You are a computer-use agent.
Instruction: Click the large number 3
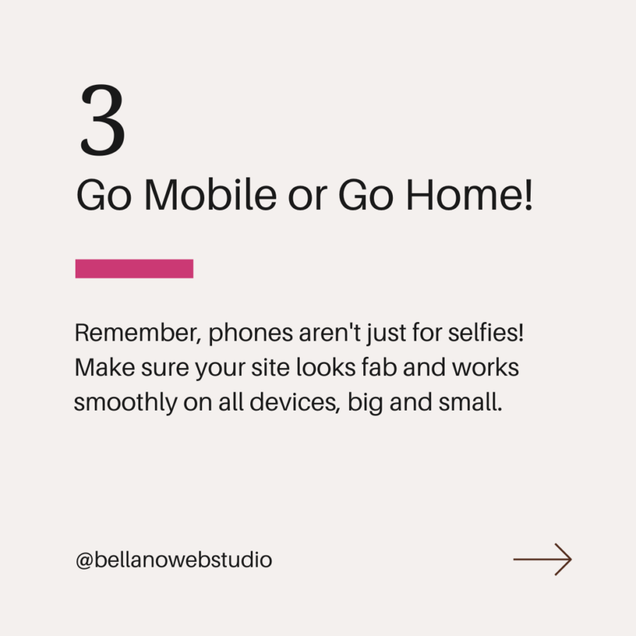click(x=103, y=119)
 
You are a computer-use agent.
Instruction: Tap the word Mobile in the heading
click(x=211, y=195)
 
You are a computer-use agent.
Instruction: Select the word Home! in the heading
click(x=469, y=195)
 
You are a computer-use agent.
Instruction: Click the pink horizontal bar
click(x=134, y=269)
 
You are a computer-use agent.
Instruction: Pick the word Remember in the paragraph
click(x=138, y=333)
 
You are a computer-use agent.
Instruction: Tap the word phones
click(x=251, y=334)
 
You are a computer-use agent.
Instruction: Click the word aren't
click(x=330, y=333)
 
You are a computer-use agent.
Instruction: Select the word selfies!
click(x=486, y=333)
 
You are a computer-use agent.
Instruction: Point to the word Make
click(x=105, y=367)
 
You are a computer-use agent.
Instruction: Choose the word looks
click(x=326, y=367)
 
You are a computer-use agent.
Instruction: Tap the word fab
click(x=379, y=367)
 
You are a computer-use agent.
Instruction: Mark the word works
click(x=485, y=367)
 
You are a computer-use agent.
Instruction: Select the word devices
click(x=294, y=402)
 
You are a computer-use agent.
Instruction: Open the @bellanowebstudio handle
click(x=174, y=560)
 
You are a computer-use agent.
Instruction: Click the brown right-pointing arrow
click(x=542, y=560)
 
